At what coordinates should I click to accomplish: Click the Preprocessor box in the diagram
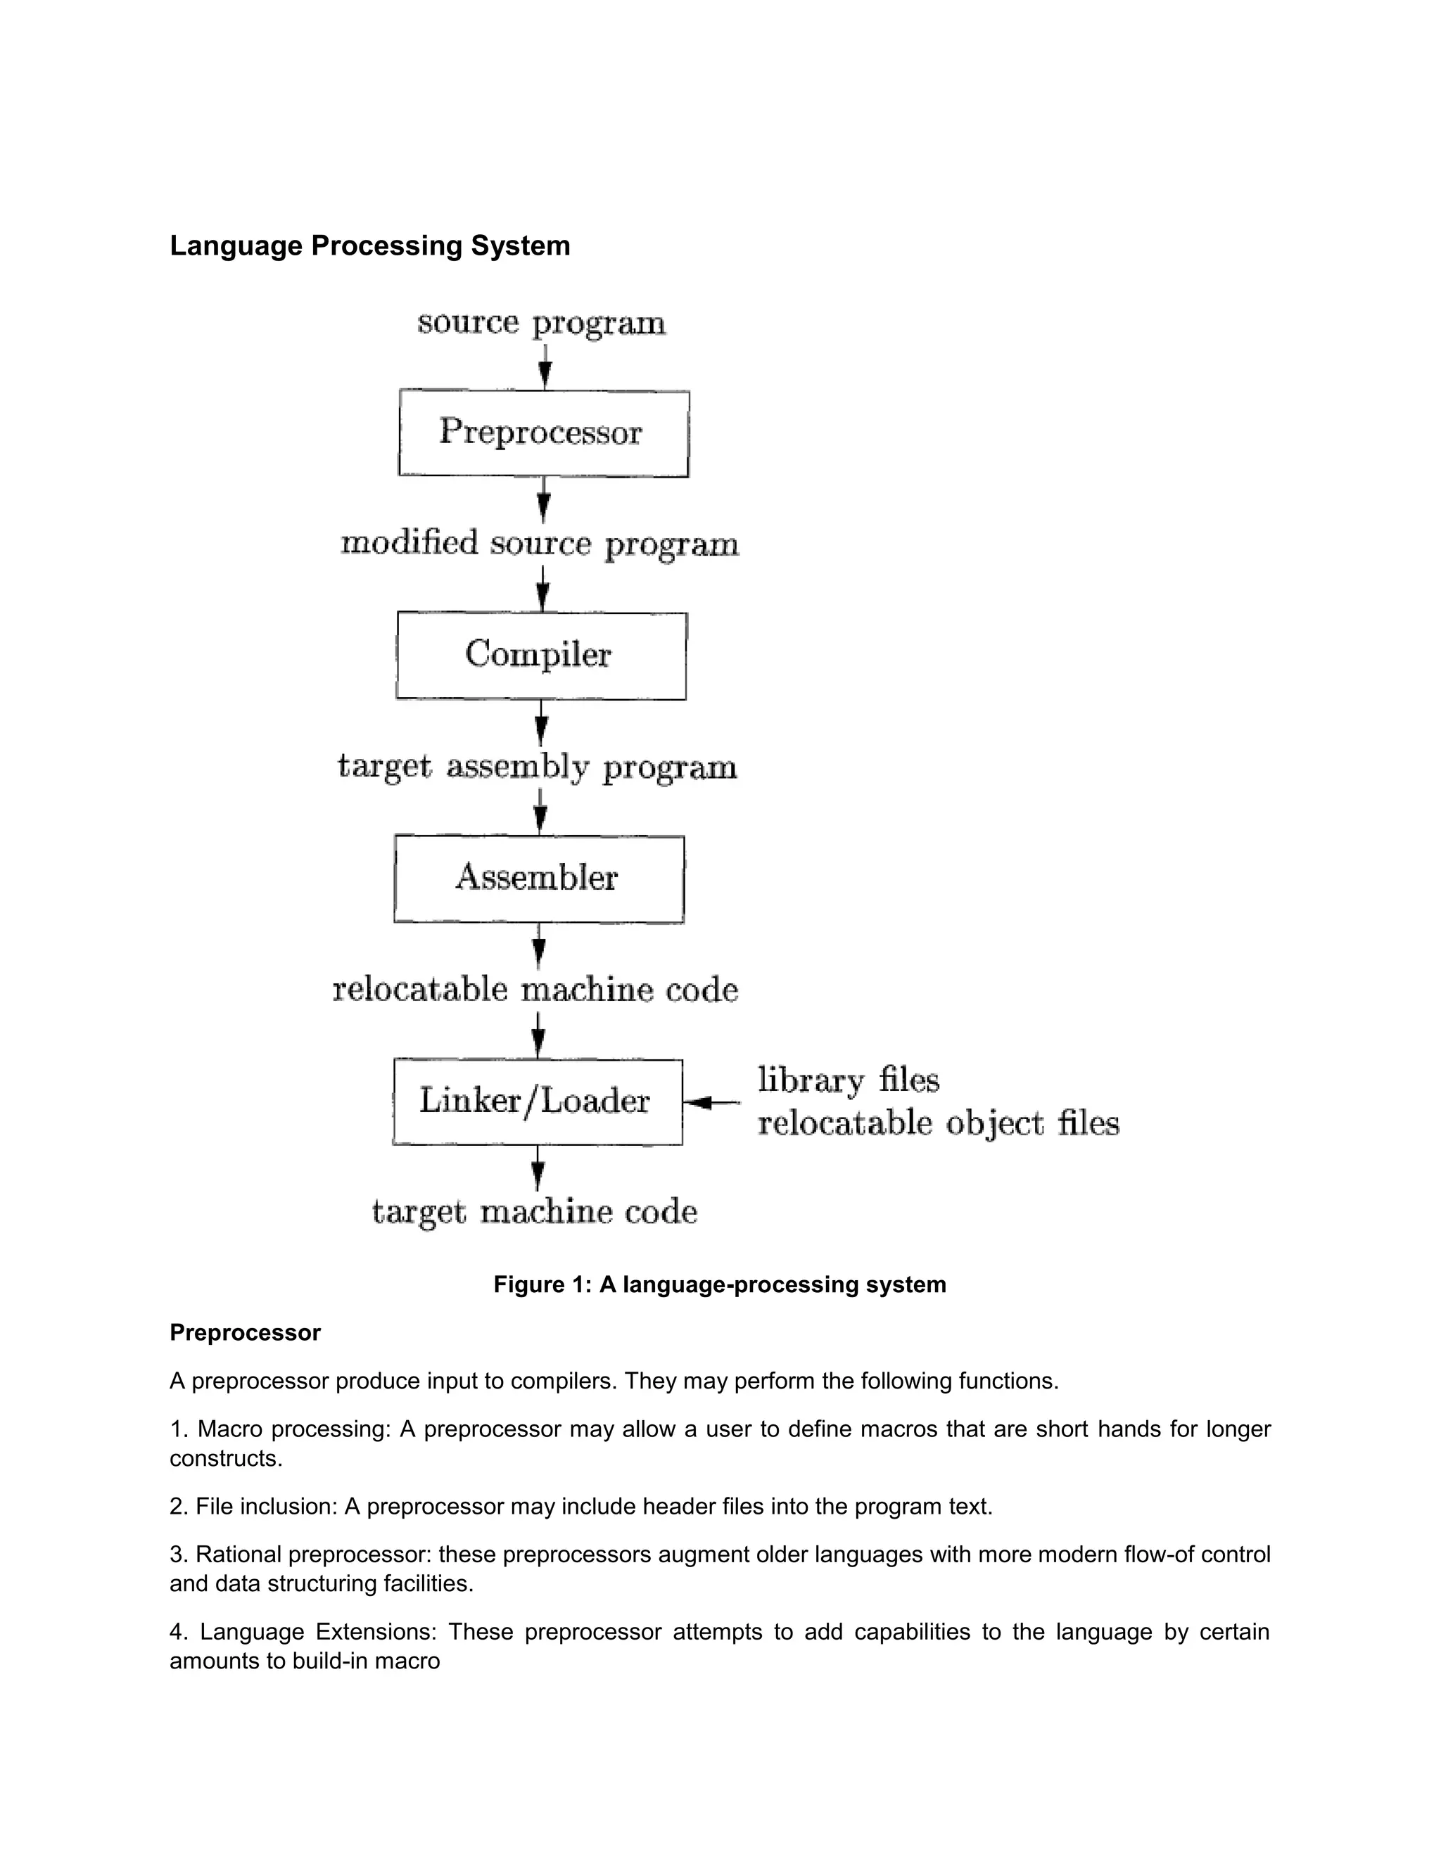543,433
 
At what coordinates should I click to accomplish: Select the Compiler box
540,656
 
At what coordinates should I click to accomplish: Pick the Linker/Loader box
537,1101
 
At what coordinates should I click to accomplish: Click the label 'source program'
541,324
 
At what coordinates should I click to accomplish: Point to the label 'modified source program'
540,544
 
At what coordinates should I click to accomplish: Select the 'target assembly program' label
537,767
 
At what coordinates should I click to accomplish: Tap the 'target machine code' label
535,1212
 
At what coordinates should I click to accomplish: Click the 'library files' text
849,1080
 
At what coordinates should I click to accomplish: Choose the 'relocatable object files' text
938,1123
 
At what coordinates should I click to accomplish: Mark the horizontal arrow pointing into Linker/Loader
712,1103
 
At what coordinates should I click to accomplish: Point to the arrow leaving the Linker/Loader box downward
537,1168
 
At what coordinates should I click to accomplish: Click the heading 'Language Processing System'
369,245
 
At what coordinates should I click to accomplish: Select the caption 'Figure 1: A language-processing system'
720,1284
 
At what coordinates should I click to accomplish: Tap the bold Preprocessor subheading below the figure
245,1332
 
